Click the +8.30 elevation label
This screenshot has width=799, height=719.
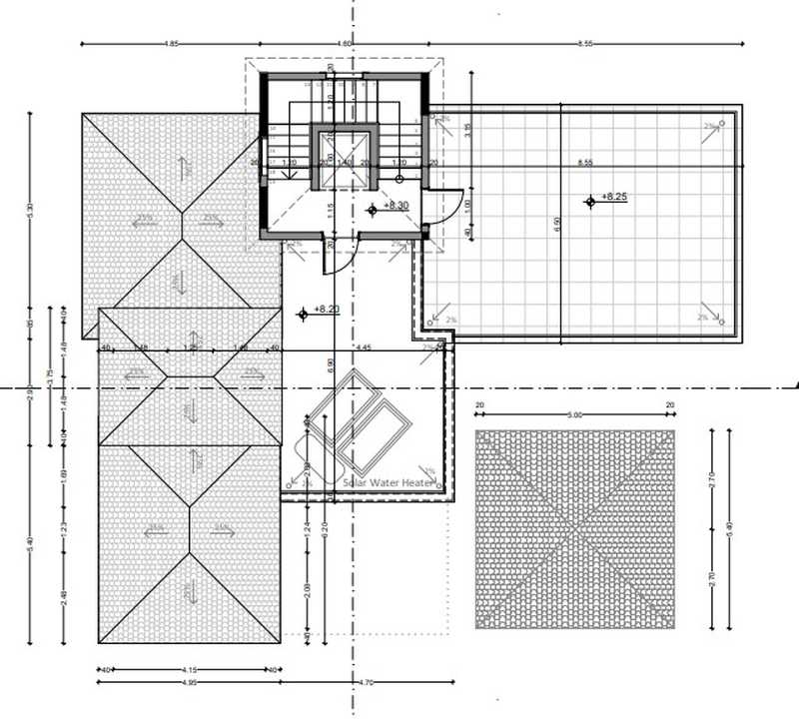[x=398, y=205]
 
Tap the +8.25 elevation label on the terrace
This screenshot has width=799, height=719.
[x=614, y=197]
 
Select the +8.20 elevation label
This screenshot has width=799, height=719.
[x=328, y=310]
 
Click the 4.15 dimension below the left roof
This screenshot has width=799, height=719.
[x=188, y=668]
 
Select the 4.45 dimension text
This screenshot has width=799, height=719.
[x=364, y=348]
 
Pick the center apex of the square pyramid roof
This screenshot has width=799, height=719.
[x=575, y=529]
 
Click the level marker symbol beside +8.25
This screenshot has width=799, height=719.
[x=590, y=201]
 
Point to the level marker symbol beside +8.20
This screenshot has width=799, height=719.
[x=303, y=314]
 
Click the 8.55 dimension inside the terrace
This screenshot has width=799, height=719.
[x=585, y=162]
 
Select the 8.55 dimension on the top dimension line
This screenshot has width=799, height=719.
[x=585, y=44]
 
